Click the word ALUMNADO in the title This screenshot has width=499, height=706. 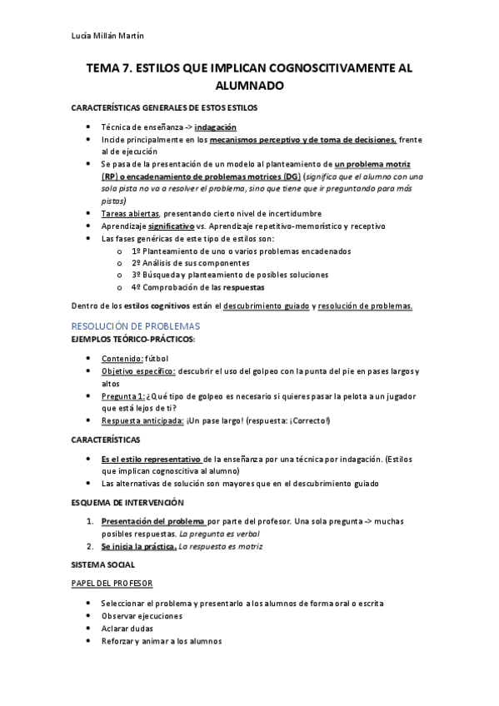(x=249, y=86)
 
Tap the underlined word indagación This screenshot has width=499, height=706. (x=216, y=127)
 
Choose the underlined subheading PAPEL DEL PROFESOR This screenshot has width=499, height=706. (x=112, y=584)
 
